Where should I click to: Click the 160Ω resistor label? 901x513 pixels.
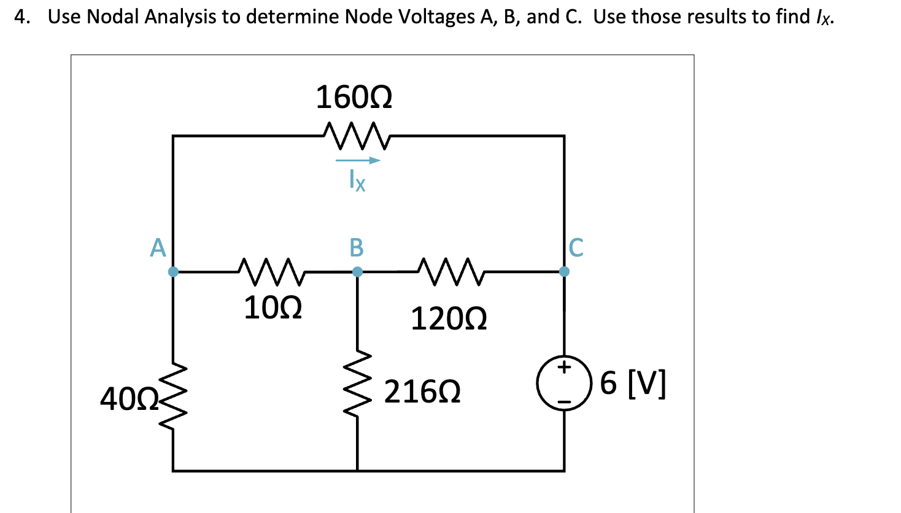pyautogui.click(x=354, y=98)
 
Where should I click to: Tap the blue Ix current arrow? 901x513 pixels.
pyautogui.click(x=357, y=161)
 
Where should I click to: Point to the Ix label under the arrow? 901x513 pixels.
pyautogui.click(x=357, y=180)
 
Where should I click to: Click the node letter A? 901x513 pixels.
pyautogui.click(x=158, y=248)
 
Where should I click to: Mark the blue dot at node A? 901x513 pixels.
pyautogui.click(x=173, y=271)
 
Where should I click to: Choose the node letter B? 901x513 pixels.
pyautogui.click(x=357, y=248)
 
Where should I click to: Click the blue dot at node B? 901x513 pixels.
pyautogui.click(x=357, y=271)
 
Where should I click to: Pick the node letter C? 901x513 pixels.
pyautogui.click(x=576, y=248)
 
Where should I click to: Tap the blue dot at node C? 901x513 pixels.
pyautogui.click(x=564, y=271)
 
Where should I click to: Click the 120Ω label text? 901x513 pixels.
pyautogui.click(x=449, y=319)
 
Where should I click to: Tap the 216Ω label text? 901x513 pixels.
pyautogui.click(x=422, y=392)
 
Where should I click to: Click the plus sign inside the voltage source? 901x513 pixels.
pyautogui.click(x=564, y=368)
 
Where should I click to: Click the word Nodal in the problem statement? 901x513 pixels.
pyautogui.click(x=114, y=17)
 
